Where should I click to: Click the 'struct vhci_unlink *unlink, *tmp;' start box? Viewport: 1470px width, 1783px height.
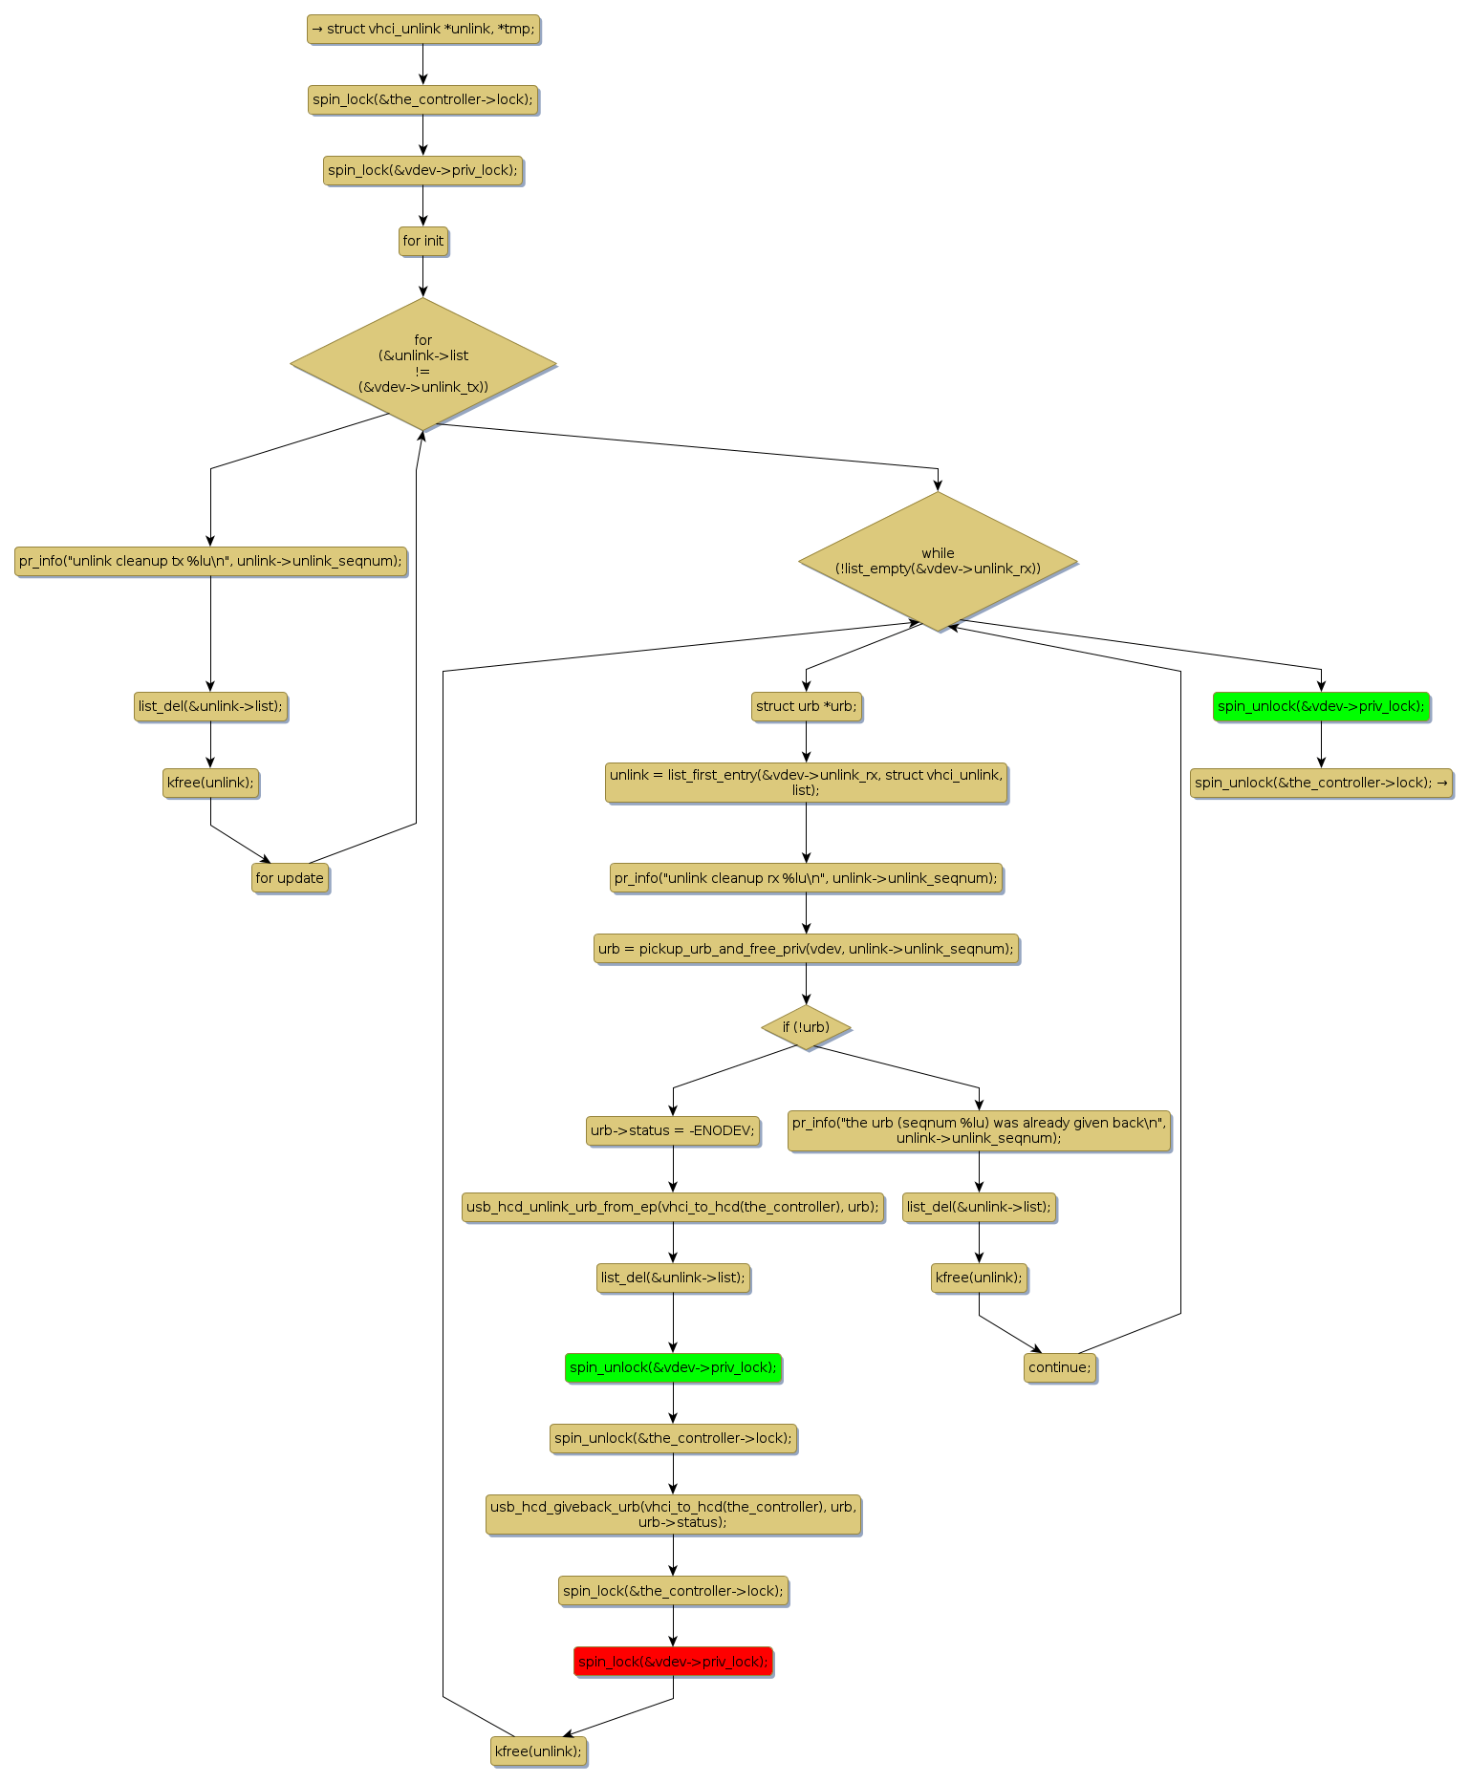point(423,30)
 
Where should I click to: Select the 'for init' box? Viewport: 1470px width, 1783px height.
point(423,241)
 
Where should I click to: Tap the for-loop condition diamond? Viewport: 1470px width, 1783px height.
point(423,363)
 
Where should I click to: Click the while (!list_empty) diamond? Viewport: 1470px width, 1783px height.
point(938,561)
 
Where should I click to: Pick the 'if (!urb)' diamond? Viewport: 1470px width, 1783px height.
point(806,1027)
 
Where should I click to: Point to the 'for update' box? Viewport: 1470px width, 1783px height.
point(290,878)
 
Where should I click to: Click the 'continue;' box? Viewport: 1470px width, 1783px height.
point(1059,1367)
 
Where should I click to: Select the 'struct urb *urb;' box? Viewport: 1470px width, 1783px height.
point(806,707)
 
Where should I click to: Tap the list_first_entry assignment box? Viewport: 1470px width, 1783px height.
point(806,783)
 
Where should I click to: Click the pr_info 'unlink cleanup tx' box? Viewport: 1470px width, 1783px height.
point(210,561)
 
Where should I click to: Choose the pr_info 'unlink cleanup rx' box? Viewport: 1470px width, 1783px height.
point(806,878)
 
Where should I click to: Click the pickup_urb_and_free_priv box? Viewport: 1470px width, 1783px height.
point(806,949)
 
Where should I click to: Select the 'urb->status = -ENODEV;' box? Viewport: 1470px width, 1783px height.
point(673,1130)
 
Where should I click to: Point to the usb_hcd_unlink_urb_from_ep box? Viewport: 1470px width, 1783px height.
point(673,1207)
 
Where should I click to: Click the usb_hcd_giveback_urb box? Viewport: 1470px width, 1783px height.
point(673,1514)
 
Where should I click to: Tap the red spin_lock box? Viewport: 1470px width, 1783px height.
point(673,1662)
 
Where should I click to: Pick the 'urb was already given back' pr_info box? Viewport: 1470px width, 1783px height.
point(979,1130)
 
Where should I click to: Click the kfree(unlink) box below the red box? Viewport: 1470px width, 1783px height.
point(538,1751)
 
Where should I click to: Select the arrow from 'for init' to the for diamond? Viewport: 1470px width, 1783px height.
point(423,277)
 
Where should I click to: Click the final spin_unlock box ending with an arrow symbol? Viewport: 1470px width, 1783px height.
point(1321,783)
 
